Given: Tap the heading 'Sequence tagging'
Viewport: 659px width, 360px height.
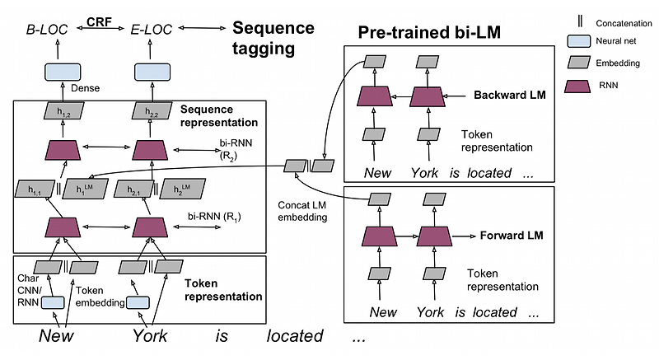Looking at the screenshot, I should click(x=273, y=38).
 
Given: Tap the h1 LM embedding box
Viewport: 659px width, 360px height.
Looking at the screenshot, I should click(x=87, y=189).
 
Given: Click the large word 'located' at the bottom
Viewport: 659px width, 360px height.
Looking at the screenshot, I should click(x=294, y=336).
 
